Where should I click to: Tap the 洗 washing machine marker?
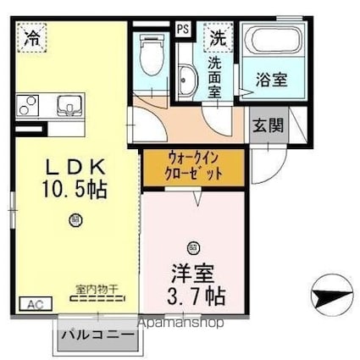(219, 37)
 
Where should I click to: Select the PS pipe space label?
(182, 28)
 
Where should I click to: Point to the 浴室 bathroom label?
(271, 81)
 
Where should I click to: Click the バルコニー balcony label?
(97, 336)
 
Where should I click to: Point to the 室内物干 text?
(97, 289)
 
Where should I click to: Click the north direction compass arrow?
(332, 298)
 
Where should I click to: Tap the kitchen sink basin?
(66, 107)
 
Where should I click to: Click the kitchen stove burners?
(28, 107)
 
